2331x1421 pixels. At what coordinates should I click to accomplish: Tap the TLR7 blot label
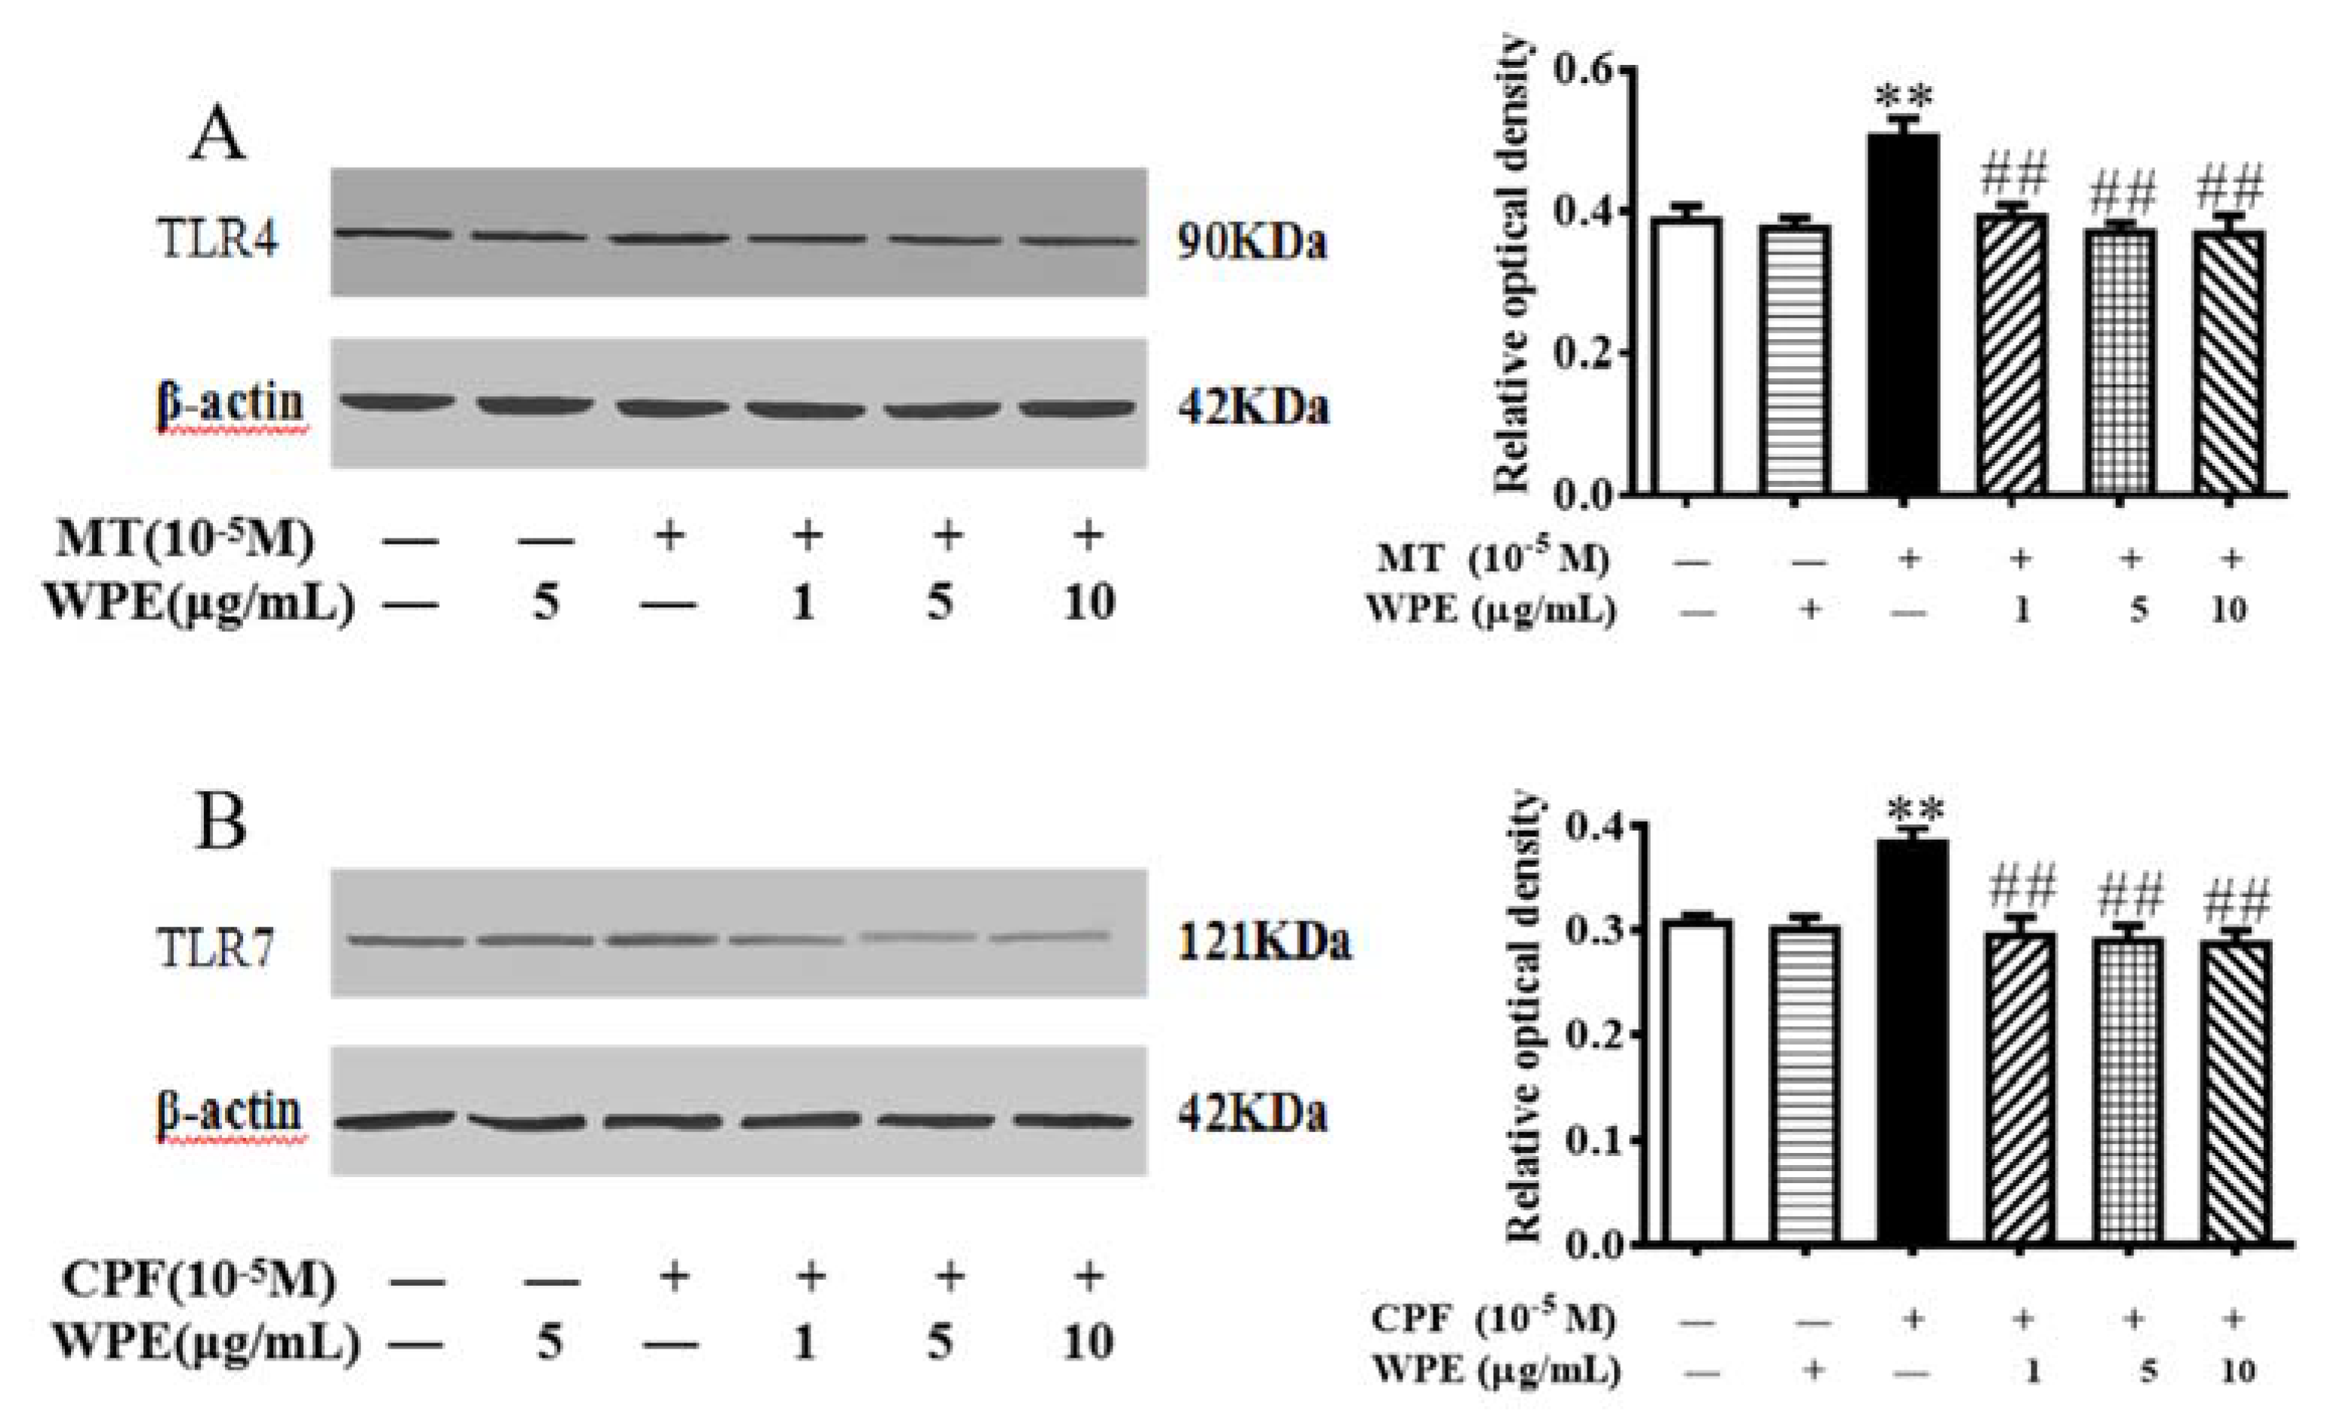click(x=217, y=947)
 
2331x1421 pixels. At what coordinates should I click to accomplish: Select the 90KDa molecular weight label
click(x=1252, y=242)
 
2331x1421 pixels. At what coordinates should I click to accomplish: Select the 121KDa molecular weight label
click(x=1264, y=942)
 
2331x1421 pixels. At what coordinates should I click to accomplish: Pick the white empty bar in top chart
click(x=1686, y=355)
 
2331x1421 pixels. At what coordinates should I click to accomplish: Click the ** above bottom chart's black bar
click(x=1914, y=811)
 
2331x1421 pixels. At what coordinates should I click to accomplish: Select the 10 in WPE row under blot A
click(x=1089, y=602)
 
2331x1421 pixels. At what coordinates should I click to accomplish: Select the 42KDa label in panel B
click(x=1252, y=1114)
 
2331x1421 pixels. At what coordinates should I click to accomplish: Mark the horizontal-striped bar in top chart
click(x=1794, y=359)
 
